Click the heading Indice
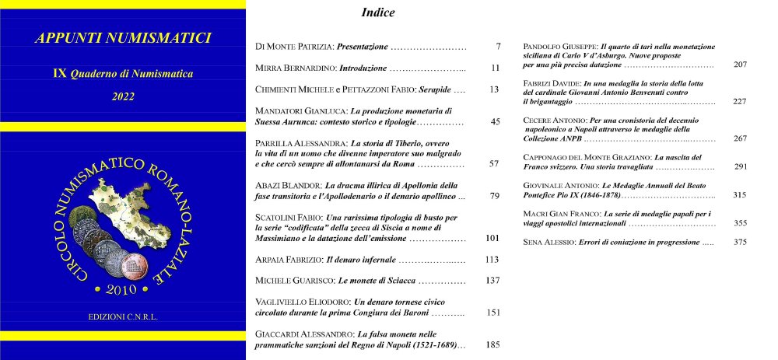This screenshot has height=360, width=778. click(x=378, y=12)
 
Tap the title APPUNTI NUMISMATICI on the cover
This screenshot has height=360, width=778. click(x=123, y=38)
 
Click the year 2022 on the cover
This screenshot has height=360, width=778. click(x=123, y=96)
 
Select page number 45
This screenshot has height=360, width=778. click(x=496, y=122)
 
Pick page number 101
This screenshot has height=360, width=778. click(x=492, y=237)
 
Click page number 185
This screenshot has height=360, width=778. click(x=492, y=344)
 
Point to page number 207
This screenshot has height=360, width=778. click(x=740, y=65)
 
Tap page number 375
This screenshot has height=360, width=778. click(x=740, y=243)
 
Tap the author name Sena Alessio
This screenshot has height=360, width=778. click(x=547, y=243)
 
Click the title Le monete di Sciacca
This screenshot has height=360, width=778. click(x=379, y=280)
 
